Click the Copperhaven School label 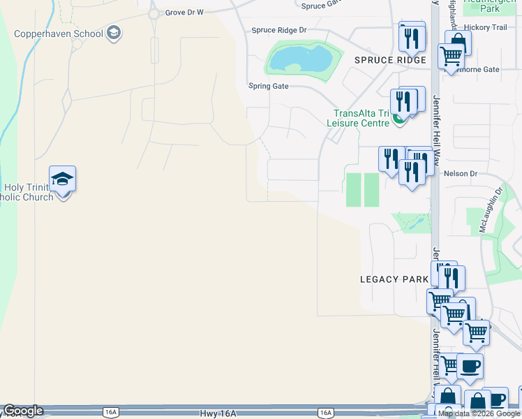pyautogui.click(x=59, y=34)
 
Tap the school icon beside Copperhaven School pyautogui.click(x=114, y=34)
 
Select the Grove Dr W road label pyautogui.click(x=184, y=13)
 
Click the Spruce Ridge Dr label pyautogui.click(x=279, y=31)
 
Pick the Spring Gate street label pyautogui.click(x=269, y=87)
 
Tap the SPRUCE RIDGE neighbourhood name pyautogui.click(x=390, y=61)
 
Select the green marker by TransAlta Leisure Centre pyautogui.click(x=398, y=119)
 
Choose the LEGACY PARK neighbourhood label pyautogui.click(x=394, y=279)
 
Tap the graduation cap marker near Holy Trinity pyautogui.click(x=63, y=179)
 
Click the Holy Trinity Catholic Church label pyautogui.click(x=28, y=192)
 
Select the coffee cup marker pyautogui.click(x=470, y=365)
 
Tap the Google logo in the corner pyautogui.click(x=23, y=411)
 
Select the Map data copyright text pyautogui.click(x=479, y=414)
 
